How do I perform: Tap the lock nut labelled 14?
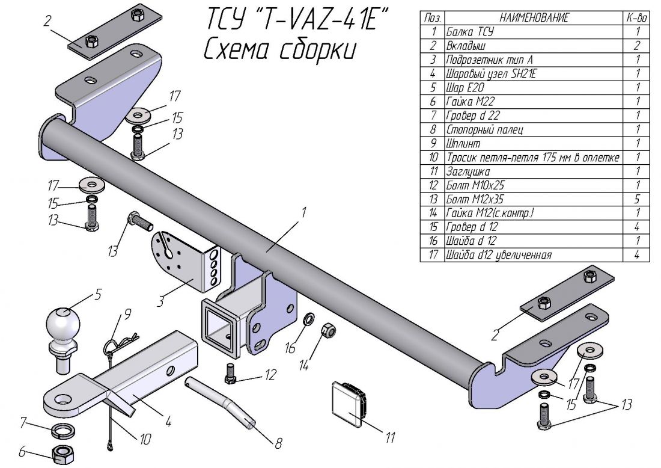[329, 330]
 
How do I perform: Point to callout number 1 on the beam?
[304, 212]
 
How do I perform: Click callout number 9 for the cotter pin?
[127, 313]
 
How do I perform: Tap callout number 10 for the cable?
[145, 440]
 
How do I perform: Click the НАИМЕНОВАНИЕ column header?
[533, 18]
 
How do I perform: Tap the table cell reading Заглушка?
[463, 171]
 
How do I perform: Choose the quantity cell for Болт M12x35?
[637, 199]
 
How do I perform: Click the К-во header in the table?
[637, 18]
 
